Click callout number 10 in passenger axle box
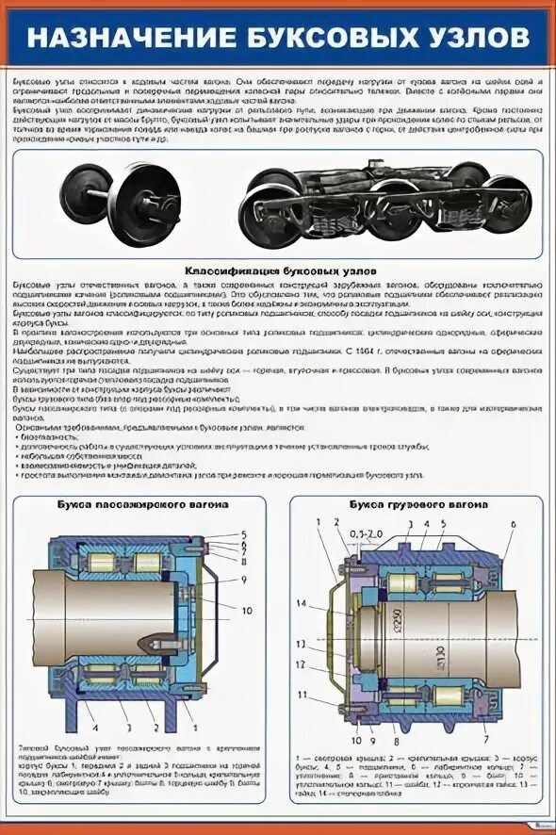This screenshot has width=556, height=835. [247, 611]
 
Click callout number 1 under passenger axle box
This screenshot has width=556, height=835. [193, 727]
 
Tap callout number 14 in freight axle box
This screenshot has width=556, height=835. [302, 602]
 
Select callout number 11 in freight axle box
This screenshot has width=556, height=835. [302, 695]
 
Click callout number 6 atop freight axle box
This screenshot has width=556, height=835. [513, 523]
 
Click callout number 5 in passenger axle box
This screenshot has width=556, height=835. [242, 534]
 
